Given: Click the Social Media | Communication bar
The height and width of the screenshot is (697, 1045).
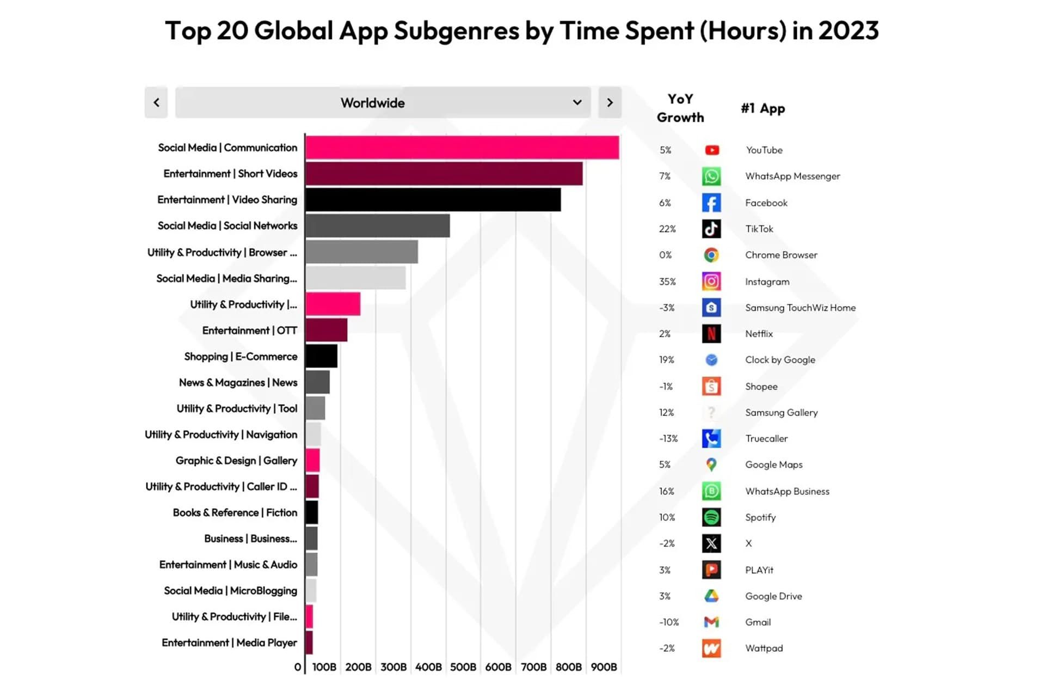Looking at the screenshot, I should [x=462, y=148].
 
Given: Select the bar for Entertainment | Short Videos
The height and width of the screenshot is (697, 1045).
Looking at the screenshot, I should [x=444, y=174].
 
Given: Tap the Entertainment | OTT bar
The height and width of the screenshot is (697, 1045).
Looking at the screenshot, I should [x=326, y=330].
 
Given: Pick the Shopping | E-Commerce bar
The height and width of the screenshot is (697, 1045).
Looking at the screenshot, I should [x=321, y=356].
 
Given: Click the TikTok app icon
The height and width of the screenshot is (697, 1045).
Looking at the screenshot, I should [x=711, y=229].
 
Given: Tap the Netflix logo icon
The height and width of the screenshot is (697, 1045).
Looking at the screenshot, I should [x=711, y=333].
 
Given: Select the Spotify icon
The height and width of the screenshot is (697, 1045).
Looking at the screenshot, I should [x=711, y=517].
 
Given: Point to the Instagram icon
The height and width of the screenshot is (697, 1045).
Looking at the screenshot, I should [x=711, y=281].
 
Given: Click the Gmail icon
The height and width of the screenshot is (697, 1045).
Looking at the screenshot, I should [x=711, y=622].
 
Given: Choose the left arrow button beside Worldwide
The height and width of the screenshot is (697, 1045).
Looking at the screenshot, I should [x=156, y=102].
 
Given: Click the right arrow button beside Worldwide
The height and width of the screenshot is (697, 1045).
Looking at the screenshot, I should [x=610, y=102].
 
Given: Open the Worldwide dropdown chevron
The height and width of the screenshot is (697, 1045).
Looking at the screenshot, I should [x=577, y=102].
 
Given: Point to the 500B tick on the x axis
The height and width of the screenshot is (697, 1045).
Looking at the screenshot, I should [x=463, y=667].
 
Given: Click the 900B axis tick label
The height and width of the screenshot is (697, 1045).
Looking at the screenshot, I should [x=603, y=667].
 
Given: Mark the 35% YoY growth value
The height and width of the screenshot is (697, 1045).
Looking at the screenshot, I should [x=667, y=282].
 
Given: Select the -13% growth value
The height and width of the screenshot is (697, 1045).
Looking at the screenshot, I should [x=668, y=438].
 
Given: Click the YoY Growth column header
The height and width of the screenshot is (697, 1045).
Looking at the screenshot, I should [x=680, y=108].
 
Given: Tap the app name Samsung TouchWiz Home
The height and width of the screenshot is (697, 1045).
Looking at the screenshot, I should [x=800, y=308].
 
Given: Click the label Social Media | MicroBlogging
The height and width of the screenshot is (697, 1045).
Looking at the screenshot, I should [x=230, y=590].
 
